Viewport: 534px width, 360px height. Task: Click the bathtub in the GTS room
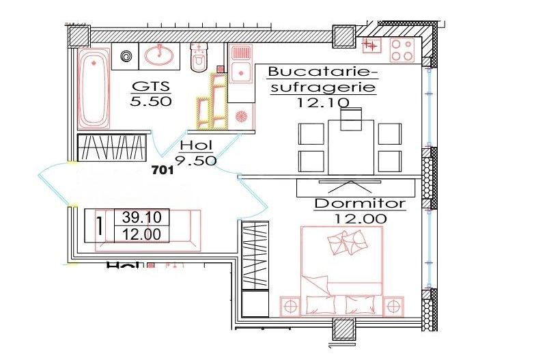pyautogui.click(x=93, y=88)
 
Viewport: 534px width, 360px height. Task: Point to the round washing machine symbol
pyautogui.click(x=126, y=56)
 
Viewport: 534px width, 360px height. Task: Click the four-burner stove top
pyautogui.click(x=403, y=49)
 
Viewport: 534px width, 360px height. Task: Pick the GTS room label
pyautogui.click(x=150, y=87)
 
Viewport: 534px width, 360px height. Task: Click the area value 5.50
pyautogui.click(x=150, y=102)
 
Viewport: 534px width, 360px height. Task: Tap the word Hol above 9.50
pyautogui.click(x=196, y=146)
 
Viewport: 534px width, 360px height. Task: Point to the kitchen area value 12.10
pyautogui.click(x=324, y=103)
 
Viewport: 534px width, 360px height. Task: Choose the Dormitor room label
pyautogui.click(x=360, y=204)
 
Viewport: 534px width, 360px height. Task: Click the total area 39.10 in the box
pyautogui.click(x=141, y=218)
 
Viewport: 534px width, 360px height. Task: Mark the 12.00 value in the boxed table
pyautogui.click(x=141, y=234)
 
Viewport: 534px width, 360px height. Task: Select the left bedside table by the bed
pyautogui.click(x=291, y=304)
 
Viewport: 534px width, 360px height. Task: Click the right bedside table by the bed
pyautogui.click(x=394, y=304)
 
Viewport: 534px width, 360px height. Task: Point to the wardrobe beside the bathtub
pyautogui.click(x=112, y=148)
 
